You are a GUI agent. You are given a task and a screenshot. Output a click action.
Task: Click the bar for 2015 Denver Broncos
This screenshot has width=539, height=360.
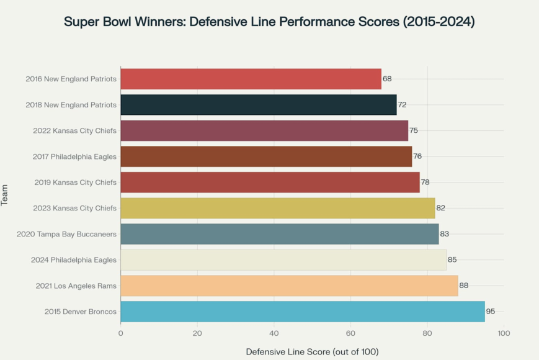click(302, 312)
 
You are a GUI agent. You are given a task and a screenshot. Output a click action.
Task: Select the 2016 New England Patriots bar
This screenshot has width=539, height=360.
click(251, 79)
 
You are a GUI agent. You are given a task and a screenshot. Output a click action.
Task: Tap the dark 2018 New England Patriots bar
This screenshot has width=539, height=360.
click(258, 105)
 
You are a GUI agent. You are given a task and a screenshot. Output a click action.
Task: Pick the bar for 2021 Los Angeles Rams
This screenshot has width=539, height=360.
click(289, 286)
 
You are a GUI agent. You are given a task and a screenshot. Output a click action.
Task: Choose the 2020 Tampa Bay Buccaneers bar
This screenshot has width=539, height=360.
click(279, 234)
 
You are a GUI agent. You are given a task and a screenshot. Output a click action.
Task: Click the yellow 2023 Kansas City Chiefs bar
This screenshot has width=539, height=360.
click(277, 208)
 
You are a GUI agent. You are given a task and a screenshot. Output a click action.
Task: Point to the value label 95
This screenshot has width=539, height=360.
click(491, 312)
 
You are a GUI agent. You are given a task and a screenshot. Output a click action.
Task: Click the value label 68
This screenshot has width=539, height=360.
click(387, 79)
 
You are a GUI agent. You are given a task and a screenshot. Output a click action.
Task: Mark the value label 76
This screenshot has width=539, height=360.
click(417, 156)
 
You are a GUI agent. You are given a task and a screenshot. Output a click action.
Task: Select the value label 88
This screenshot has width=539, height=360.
click(464, 286)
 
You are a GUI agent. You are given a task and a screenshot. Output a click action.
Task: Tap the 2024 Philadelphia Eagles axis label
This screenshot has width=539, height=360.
click(74, 259)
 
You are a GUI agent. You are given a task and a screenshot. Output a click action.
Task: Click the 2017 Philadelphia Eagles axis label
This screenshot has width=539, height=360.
click(74, 156)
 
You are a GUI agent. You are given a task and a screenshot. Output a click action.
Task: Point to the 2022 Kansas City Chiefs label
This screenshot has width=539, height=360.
click(74, 130)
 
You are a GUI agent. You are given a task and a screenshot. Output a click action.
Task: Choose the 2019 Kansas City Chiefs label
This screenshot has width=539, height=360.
click(74, 182)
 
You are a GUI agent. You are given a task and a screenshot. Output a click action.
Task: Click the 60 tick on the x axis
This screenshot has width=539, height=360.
click(350, 333)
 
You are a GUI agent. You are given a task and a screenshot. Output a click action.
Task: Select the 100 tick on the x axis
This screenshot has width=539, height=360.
click(504, 333)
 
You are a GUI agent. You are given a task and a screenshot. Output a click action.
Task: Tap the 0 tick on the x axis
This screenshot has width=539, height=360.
click(120, 333)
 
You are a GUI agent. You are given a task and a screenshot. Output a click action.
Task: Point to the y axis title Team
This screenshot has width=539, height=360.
click(5, 195)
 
